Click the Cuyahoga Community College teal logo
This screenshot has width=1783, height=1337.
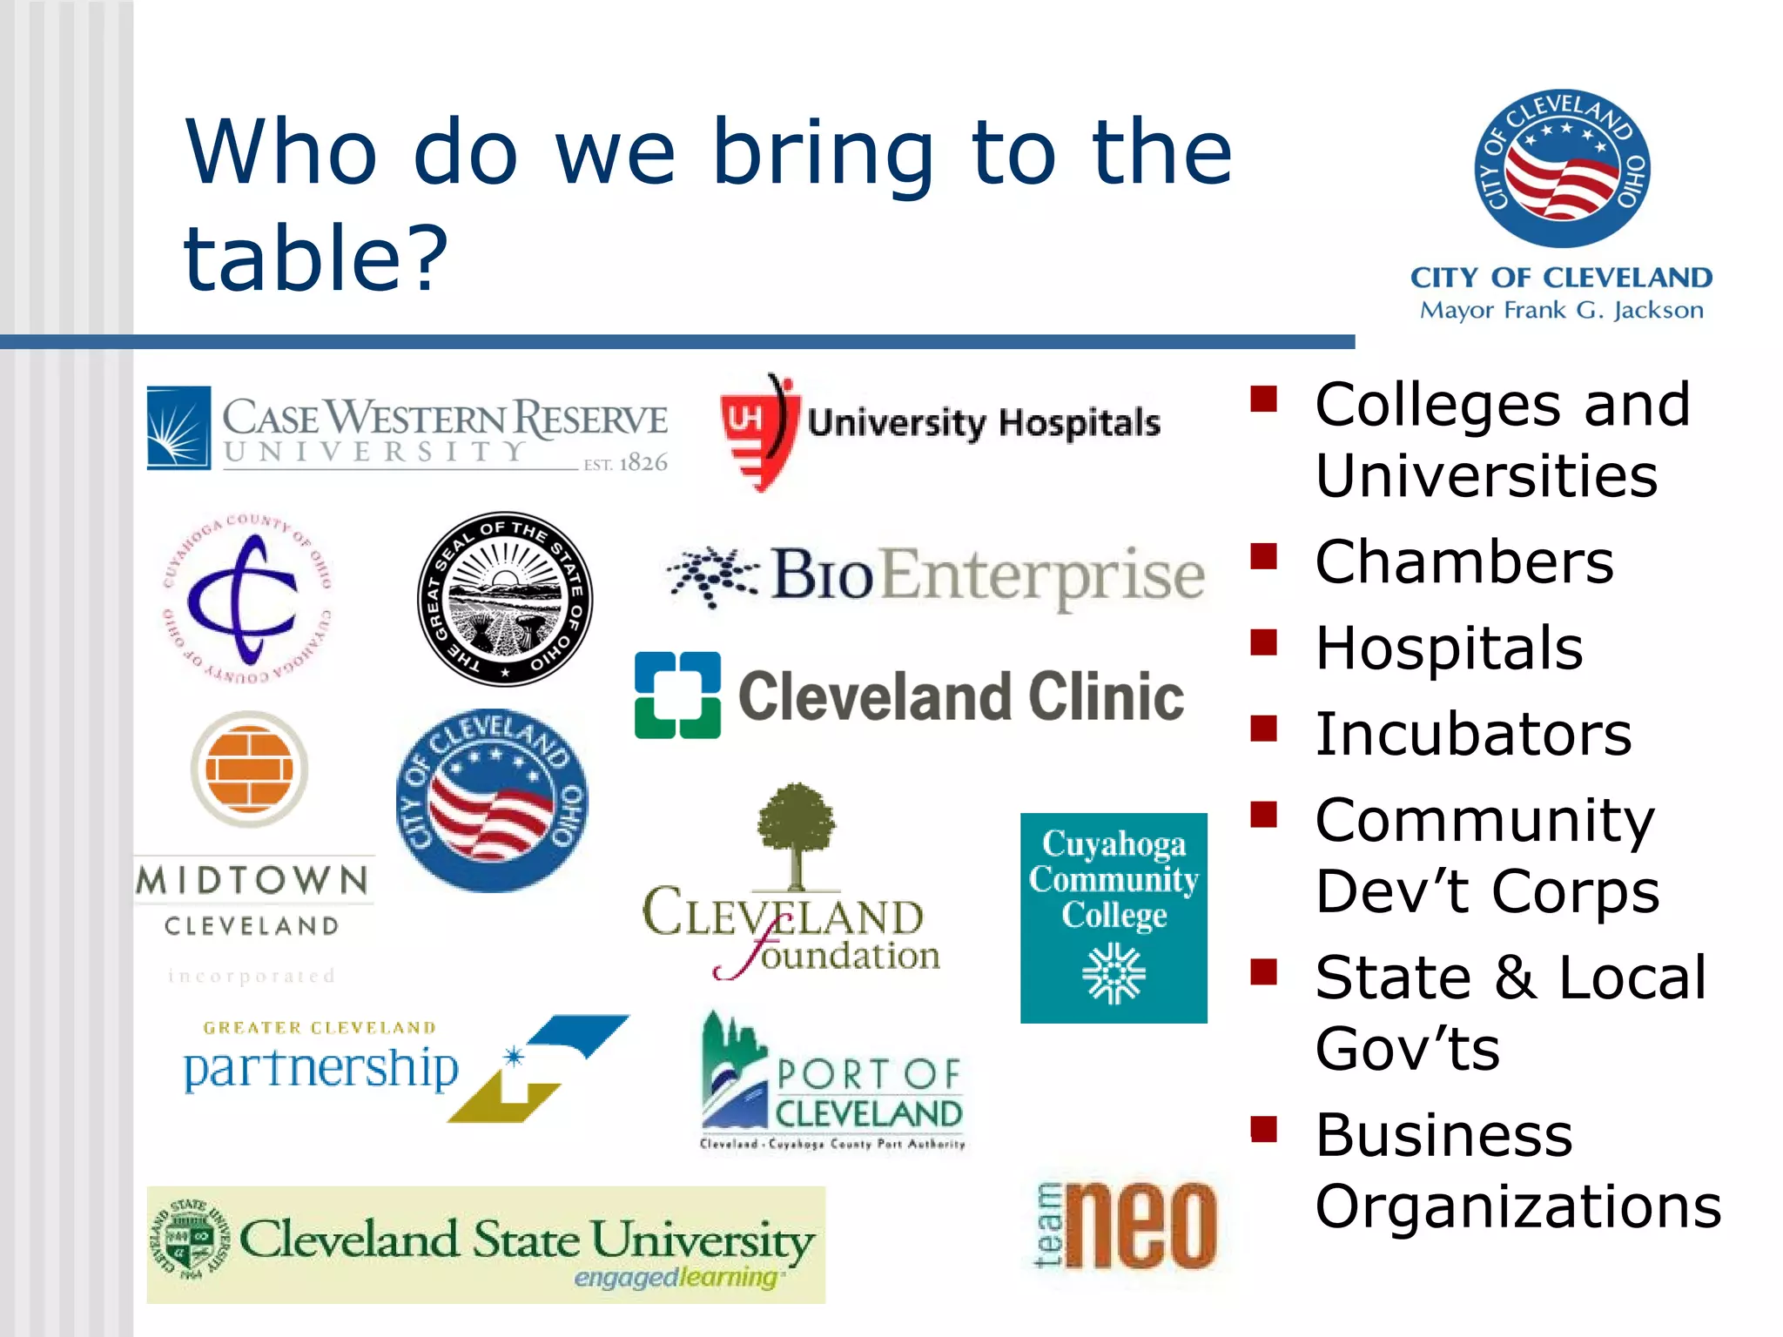(1114, 917)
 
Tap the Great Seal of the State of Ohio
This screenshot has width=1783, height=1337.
(505, 599)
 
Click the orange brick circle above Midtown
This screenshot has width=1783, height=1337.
(250, 769)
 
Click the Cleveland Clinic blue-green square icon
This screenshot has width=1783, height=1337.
(677, 695)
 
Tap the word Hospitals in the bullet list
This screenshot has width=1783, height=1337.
(1449, 648)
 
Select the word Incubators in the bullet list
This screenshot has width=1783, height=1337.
(1473, 735)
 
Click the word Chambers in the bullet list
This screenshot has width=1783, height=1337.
(1464, 562)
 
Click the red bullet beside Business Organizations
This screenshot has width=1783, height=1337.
(1263, 1129)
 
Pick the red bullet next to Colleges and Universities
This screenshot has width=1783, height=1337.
(1263, 399)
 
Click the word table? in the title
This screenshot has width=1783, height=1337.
(315, 258)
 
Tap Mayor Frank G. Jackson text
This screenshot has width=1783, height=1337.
(1561, 311)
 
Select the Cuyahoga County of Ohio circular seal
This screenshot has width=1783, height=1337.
(247, 599)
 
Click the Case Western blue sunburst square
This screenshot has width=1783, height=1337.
(178, 428)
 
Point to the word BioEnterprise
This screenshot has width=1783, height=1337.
(986, 575)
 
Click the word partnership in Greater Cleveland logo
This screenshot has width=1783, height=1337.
(321, 1068)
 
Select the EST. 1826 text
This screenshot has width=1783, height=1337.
(625, 463)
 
